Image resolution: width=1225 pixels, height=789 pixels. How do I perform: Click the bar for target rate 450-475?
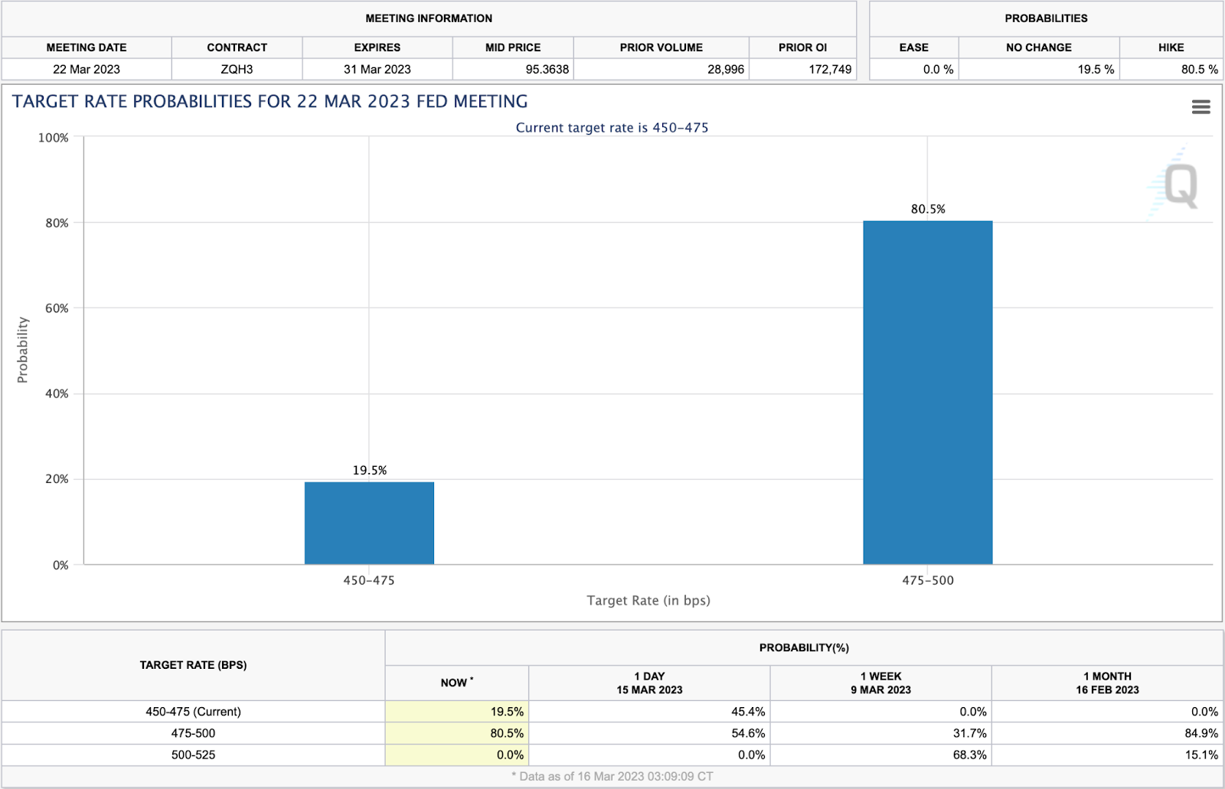(x=369, y=523)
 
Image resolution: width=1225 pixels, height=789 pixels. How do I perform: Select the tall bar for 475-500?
(x=927, y=393)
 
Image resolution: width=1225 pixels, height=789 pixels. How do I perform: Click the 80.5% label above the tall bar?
(x=927, y=209)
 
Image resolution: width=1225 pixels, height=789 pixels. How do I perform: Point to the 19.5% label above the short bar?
(x=369, y=470)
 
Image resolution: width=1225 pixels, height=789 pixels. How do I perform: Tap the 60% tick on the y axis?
(x=57, y=308)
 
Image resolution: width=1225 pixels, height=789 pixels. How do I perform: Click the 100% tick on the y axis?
(x=54, y=138)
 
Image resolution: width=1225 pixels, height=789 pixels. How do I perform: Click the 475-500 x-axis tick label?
(x=927, y=580)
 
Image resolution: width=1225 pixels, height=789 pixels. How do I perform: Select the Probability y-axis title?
(x=23, y=350)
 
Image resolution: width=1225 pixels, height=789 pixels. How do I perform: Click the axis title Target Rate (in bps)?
(x=648, y=601)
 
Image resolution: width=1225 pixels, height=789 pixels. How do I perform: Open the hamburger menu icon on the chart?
(x=1200, y=107)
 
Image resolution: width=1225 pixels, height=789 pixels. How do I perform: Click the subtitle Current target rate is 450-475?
(x=612, y=128)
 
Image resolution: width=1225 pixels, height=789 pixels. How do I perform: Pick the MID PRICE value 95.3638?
(x=547, y=69)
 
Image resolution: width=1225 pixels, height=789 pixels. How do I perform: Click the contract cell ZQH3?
(x=237, y=69)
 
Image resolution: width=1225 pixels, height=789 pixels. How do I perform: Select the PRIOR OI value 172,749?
(x=830, y=69)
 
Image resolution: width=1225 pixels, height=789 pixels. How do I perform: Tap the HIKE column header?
(x=1171, y=47)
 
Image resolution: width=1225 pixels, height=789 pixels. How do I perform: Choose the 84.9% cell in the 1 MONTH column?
(x=1200, y=733)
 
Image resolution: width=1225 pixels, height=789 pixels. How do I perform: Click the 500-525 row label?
(x=193, y=755)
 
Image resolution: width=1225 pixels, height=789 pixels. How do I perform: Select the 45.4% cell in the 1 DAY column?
(x=747, y=712)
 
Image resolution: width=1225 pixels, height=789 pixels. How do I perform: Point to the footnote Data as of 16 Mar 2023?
(x=612, y=776)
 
